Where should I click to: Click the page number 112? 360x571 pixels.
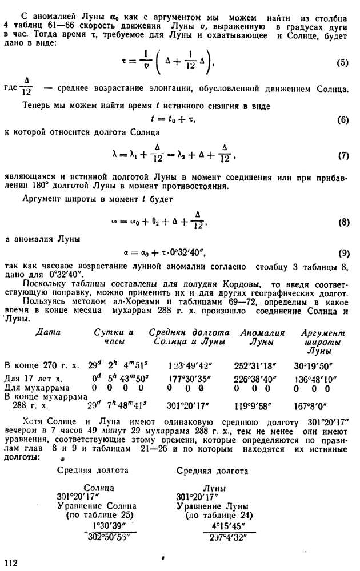[x=12, y=562]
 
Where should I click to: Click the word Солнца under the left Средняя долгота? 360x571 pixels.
[x=98, y=488]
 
